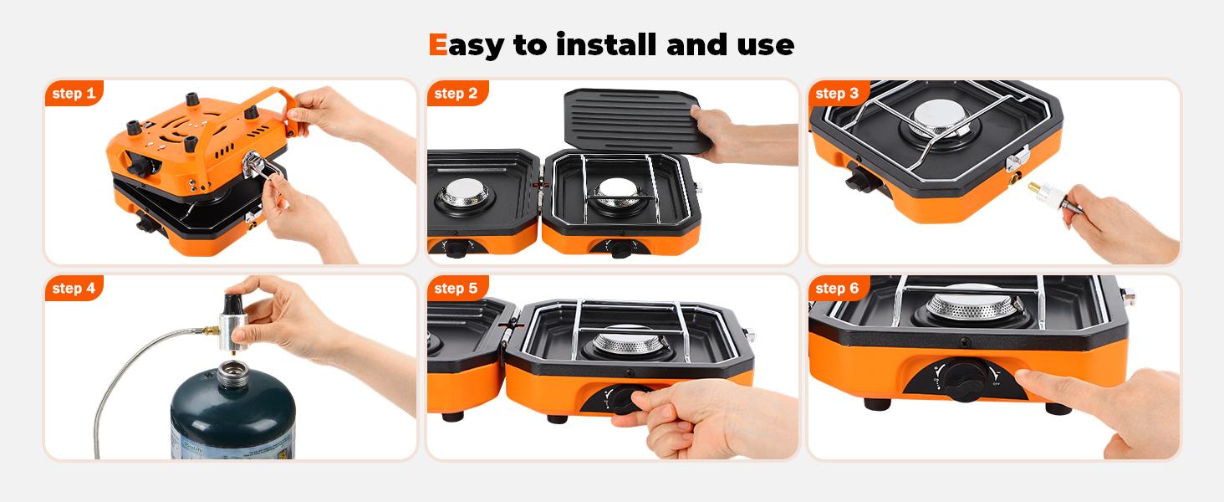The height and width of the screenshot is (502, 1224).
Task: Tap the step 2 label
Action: tap(456, 94)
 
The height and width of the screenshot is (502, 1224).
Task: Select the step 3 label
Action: tap(837, 94)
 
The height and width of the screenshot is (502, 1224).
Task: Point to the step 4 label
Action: tap(74, 289)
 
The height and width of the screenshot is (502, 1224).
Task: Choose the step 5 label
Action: tap(456, 289)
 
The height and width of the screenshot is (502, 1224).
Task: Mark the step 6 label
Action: tap(837, 289)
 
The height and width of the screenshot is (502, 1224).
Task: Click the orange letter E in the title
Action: tap(437, 44)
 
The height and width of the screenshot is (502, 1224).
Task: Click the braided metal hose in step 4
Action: tap(125, 385)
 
